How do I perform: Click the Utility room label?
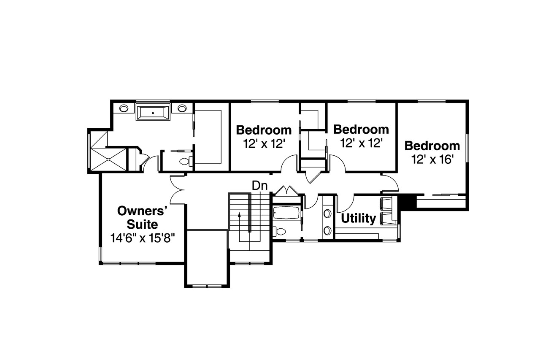click(x=358, y=219)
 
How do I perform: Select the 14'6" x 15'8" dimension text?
click(x=143, y=238)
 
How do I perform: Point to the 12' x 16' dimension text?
click(x=432, y=160)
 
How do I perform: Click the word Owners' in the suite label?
click(x=143, y=211)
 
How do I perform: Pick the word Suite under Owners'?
click(x=143, y=224)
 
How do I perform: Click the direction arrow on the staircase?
click(x=240, y=215)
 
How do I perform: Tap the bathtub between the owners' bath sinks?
click(x=153, y=112)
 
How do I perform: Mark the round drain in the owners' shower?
click(x=109, y=159)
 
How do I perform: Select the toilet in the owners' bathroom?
click(x=186, y=161)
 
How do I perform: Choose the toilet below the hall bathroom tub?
click(x=280, y=231)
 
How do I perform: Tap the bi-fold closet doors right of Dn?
click(x=286, y=189)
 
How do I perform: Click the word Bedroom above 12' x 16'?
click(x=432, y=146)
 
